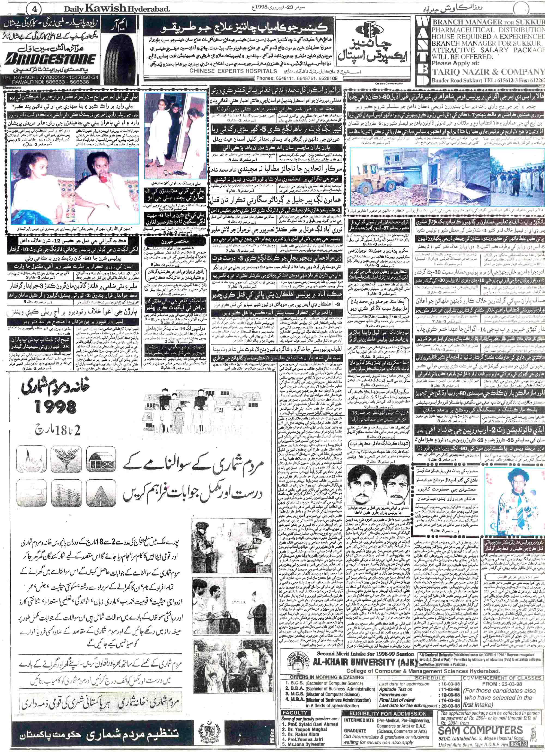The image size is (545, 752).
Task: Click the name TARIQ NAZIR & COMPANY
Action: (x=488, y=72)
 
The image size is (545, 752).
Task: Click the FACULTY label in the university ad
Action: (x=295, y=711)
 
